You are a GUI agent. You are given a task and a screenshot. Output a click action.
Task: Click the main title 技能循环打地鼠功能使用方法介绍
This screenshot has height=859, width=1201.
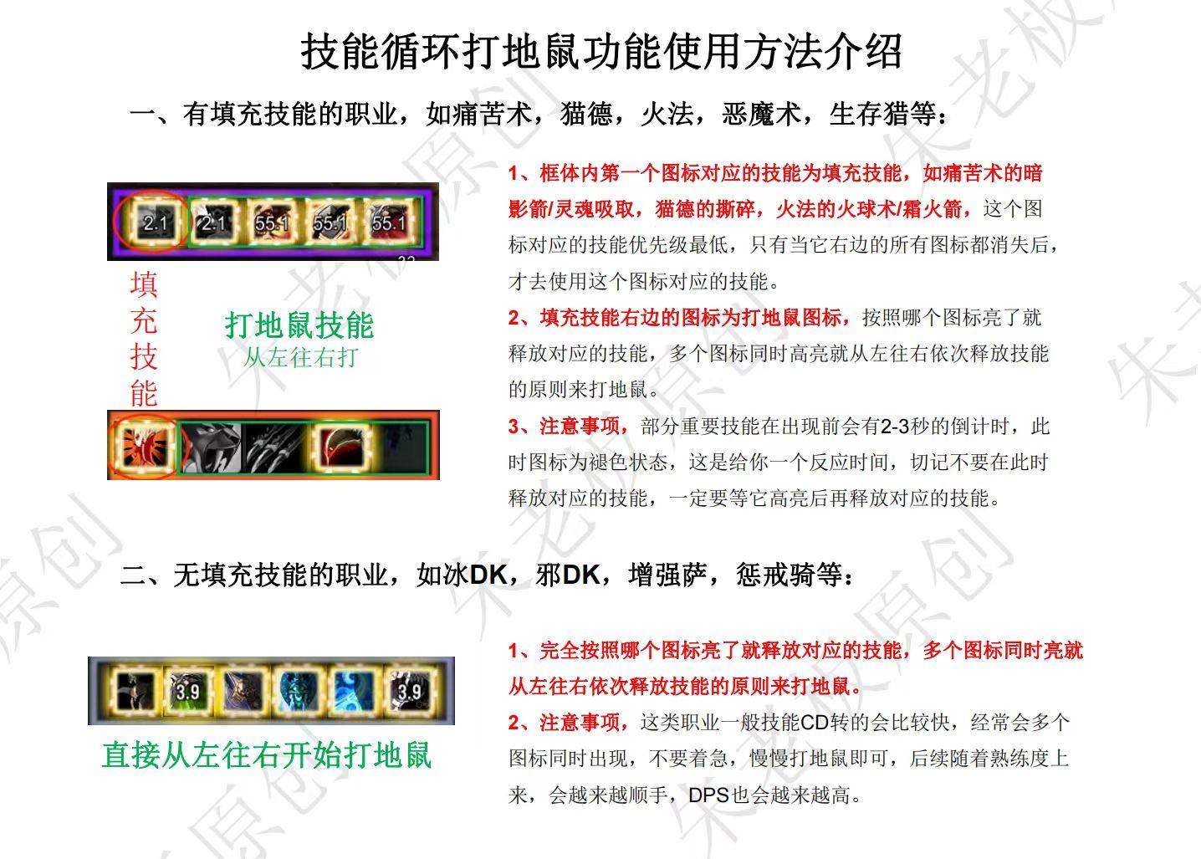click(x=600, y=52)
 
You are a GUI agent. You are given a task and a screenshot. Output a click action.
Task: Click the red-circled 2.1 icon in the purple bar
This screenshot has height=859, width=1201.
click(x=155, y=222)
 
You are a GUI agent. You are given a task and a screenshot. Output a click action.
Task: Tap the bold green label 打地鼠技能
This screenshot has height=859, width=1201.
click(x=299, y=325)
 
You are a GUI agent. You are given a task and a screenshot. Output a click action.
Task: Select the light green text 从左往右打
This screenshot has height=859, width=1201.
click(x=300, y=357)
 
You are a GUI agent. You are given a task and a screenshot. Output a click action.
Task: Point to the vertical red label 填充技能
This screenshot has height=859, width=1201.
click(x=144, y=339)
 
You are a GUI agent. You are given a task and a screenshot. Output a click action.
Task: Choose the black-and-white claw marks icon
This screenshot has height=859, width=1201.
click(x=273, y=447)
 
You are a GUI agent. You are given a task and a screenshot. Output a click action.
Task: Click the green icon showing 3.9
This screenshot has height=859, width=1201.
click(x=187, y=691)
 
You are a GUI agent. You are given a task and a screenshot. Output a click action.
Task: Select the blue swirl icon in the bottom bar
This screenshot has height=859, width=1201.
click(x=355, y=691)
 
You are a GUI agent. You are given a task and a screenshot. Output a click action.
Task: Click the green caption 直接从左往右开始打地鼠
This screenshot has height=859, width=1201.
click(x=267, y=755)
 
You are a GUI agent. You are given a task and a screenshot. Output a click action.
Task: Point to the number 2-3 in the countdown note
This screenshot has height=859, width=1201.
click(x=896, y=427)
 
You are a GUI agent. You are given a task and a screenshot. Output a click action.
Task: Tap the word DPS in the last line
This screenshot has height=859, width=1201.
click(x=708, y=795)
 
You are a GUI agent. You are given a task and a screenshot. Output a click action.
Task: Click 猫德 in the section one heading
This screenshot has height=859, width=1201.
click(x=586, y=114)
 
